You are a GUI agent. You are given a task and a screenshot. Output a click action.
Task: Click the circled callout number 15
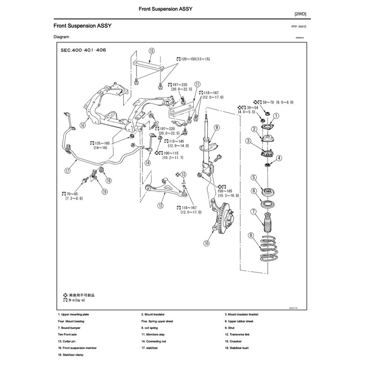pos(151,51)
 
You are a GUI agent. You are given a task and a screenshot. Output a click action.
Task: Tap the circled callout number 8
pos(251,236)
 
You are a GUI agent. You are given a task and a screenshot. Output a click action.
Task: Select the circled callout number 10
pos(207,243)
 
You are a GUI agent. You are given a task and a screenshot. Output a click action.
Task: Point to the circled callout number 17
pos(67,170)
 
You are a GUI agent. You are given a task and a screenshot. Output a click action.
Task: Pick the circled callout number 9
pos(217,127)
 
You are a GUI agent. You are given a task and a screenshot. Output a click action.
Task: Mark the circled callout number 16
pos(83,124)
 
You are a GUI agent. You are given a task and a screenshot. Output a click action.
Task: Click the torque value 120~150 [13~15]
pos(193,59)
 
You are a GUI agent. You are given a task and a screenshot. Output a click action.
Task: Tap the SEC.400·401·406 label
pos(83,50)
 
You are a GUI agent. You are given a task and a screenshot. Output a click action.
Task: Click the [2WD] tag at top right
pos(300,14)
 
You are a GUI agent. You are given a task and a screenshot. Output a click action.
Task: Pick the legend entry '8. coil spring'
pos(149,328)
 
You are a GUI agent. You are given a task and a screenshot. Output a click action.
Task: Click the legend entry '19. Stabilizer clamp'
pos(71,355)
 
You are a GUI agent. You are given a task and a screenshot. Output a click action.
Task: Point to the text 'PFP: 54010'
pos(301,26)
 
